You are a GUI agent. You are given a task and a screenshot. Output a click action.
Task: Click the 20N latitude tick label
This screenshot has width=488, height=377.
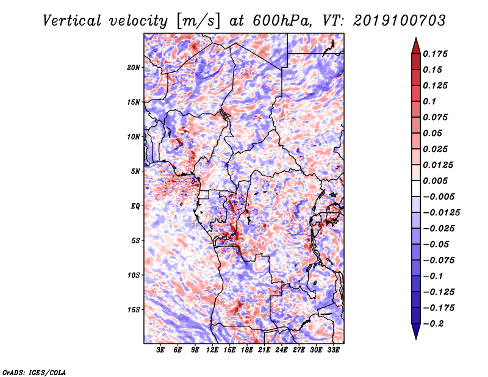coord(134,68)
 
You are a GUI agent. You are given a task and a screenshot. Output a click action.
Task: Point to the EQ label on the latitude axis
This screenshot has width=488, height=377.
coord(135,206)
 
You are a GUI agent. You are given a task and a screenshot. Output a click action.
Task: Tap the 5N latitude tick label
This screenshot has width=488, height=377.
coord(135,171)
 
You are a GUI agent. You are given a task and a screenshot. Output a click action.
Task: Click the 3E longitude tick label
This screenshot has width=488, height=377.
coord(160,350)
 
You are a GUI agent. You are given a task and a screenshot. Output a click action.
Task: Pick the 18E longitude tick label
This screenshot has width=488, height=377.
coord(247,350)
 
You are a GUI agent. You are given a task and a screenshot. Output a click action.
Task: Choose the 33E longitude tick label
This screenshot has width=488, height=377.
coord(333,350)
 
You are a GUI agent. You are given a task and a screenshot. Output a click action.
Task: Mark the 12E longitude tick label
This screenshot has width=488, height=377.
coord(212,350)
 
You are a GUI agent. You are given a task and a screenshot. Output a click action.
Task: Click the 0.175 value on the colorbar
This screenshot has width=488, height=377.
coord(435,54)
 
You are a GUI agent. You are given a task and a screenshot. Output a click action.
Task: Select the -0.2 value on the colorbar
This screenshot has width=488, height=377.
coord(433,324)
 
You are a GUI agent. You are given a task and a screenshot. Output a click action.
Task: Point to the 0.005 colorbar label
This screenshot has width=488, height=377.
coord(435,181)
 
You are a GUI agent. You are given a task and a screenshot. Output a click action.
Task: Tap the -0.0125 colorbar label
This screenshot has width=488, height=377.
coord(441,213)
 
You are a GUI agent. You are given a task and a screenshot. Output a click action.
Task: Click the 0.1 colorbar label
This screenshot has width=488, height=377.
coord(429,101)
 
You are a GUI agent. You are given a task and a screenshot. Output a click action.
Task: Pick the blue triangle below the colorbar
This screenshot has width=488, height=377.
coord(416,331)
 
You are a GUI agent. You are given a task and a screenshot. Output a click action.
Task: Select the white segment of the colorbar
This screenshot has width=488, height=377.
coord(416,188)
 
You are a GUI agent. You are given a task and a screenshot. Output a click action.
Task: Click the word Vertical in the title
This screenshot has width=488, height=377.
coord(72,21)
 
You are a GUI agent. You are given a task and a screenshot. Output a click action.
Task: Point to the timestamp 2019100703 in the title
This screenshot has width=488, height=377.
coord(400,21)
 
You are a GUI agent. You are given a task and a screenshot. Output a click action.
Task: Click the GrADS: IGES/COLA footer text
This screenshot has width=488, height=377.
coord(34,372)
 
